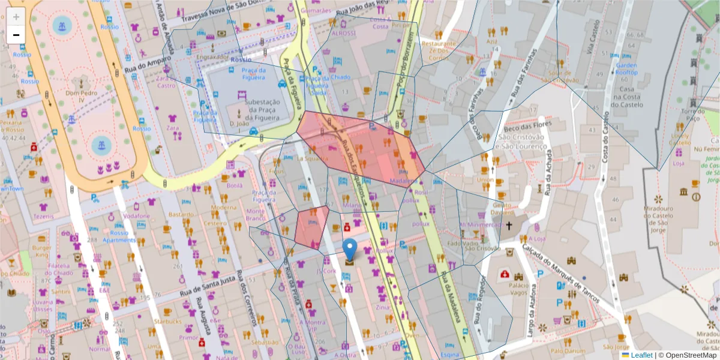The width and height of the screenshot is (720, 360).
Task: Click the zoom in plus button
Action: [x=16, y=17]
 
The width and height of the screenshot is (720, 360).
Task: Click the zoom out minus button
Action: [x=16, y=35]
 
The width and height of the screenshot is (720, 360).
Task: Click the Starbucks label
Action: [x=167, y=322]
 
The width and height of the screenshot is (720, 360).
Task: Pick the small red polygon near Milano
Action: [x=311, y=226]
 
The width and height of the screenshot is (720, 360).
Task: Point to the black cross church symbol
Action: [x=509, y=226]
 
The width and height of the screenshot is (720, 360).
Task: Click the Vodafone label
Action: [x=136, y=216]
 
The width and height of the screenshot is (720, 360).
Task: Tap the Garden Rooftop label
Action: [x=626, y=68]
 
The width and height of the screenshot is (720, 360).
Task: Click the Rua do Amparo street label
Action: [x=148, y=64]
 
